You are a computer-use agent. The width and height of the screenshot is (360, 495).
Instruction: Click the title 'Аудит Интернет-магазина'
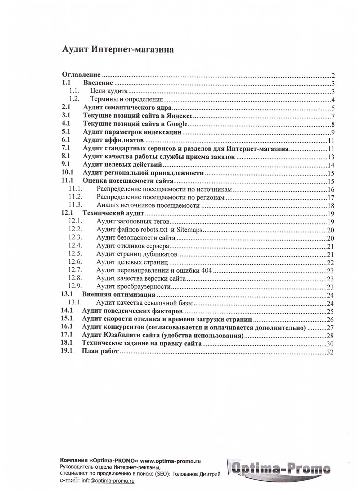[x=118, y=49]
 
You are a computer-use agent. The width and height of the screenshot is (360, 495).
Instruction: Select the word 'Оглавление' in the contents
[x=81, y=75]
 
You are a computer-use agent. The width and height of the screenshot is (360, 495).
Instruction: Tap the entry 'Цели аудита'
[x=109, y=91]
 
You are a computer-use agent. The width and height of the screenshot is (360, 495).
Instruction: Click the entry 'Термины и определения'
[x=126, y=99]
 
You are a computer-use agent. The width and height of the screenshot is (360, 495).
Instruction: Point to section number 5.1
[x=66, y=132]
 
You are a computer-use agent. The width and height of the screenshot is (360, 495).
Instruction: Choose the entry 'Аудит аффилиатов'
[x=113, y=140]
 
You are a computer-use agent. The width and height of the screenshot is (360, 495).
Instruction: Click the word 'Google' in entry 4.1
[x=177, y=124]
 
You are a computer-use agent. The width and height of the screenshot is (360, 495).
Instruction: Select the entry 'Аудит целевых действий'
[x=122, y=165]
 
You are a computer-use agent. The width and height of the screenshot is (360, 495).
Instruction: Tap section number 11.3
[x=75, y=205]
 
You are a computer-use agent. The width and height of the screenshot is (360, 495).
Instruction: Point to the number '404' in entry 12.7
[x=207, y=271]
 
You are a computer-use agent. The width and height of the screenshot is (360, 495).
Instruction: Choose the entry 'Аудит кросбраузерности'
[x=133, y=287]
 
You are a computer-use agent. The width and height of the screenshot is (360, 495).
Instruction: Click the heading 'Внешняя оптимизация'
[x=118, y=295]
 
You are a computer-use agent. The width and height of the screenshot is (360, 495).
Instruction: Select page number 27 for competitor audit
[x=330, y=328]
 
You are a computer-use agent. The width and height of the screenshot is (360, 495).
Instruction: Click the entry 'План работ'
[x=100, y=351]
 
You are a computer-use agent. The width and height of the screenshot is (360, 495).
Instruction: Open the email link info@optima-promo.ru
[x=108, y=481]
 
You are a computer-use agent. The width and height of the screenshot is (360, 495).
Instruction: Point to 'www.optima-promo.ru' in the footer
[x=170, y=461]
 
